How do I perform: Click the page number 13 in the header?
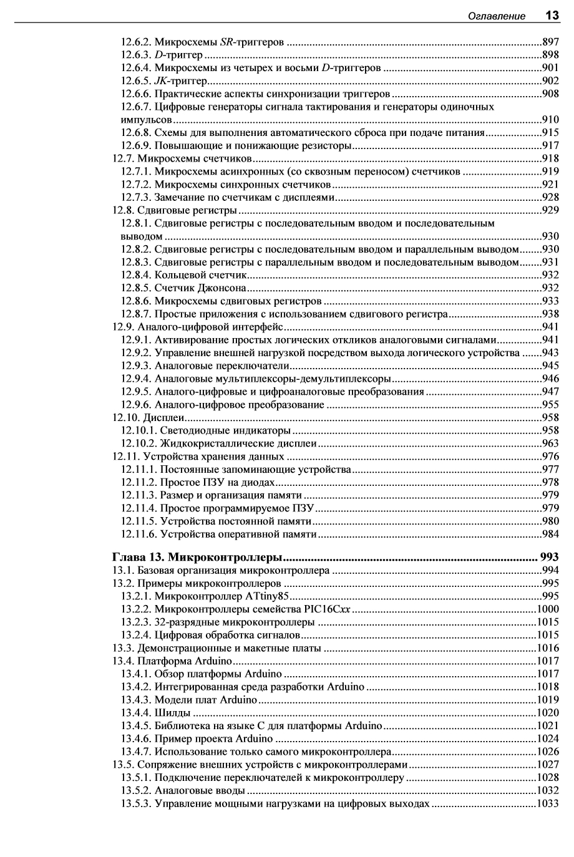tap(552, 15)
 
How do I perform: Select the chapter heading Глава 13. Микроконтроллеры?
tap(198, 556)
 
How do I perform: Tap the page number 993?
tap(549, 556)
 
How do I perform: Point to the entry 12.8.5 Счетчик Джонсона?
tap(184, 288)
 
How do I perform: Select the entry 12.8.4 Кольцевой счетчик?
tap(185, 275)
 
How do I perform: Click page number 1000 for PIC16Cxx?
tap(547, 609)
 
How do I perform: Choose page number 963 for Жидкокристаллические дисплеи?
tap(550, 443)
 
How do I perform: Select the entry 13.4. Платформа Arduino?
tap(172, 661)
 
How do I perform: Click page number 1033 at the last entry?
tap(547, 804)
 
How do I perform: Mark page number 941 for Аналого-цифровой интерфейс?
tap(550, 327)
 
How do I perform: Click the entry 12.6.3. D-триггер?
tap(162, 56)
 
